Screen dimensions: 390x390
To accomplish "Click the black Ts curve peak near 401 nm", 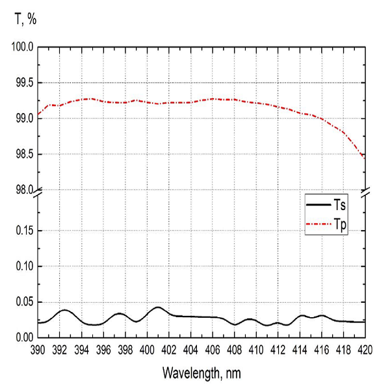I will [158, 307].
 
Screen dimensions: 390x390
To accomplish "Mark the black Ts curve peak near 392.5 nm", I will [64, 310].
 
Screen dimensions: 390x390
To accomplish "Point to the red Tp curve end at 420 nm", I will [365, 159].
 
